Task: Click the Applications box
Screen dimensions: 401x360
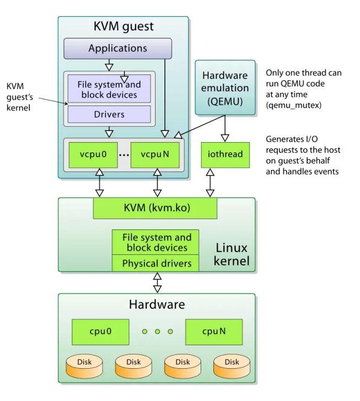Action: pos(118,48)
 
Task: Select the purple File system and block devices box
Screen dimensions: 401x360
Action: pos(109,89)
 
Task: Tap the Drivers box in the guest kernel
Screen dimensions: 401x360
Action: pos(109,114)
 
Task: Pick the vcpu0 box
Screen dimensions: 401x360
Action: pos(91,154)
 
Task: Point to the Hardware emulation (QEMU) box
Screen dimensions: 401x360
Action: pos(224,87)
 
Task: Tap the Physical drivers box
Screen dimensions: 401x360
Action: pos(156,263)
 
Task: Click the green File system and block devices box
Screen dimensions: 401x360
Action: pos(156,243)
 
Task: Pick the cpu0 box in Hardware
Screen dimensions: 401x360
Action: pos(100,332)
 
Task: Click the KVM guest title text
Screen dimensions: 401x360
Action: pos(123,26)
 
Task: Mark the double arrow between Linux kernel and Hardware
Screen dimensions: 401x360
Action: pos(157,282)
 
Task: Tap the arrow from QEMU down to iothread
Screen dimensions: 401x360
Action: pos(224,127)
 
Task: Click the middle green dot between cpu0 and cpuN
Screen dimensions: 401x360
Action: pos(157,332)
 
